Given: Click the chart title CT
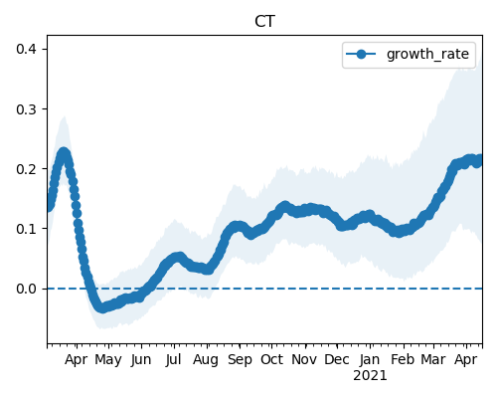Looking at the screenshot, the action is tap(264, 22).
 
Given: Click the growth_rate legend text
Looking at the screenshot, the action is tap(427, 54).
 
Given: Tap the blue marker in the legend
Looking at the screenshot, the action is tap(361, 54).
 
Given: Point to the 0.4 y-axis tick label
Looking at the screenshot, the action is tap(26, 49).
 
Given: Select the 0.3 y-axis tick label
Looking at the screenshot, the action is tap(26, 109).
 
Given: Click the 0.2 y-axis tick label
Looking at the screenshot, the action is tap(26, 169).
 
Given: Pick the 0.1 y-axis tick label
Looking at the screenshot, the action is tap(26, 229).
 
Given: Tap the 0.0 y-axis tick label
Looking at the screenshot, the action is tap(26, 289).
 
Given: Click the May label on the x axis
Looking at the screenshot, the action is tap(108, 360).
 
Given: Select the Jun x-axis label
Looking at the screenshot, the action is tap(141, 360).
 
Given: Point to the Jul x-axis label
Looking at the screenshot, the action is tap(174, 360).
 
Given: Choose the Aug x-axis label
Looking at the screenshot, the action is tap(206, 360).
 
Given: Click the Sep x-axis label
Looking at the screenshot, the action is tap(240, 360).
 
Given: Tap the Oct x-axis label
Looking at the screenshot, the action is tap(271, 359).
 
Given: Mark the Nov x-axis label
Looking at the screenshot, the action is tap(304, 359).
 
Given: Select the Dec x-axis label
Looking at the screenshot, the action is tap(337, 359).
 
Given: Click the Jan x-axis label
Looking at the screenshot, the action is tap(370, 359).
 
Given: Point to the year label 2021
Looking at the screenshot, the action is tap(370, 376).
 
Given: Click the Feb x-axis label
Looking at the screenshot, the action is tap(403, 359).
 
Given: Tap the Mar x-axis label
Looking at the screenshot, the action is tap(433, 359).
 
